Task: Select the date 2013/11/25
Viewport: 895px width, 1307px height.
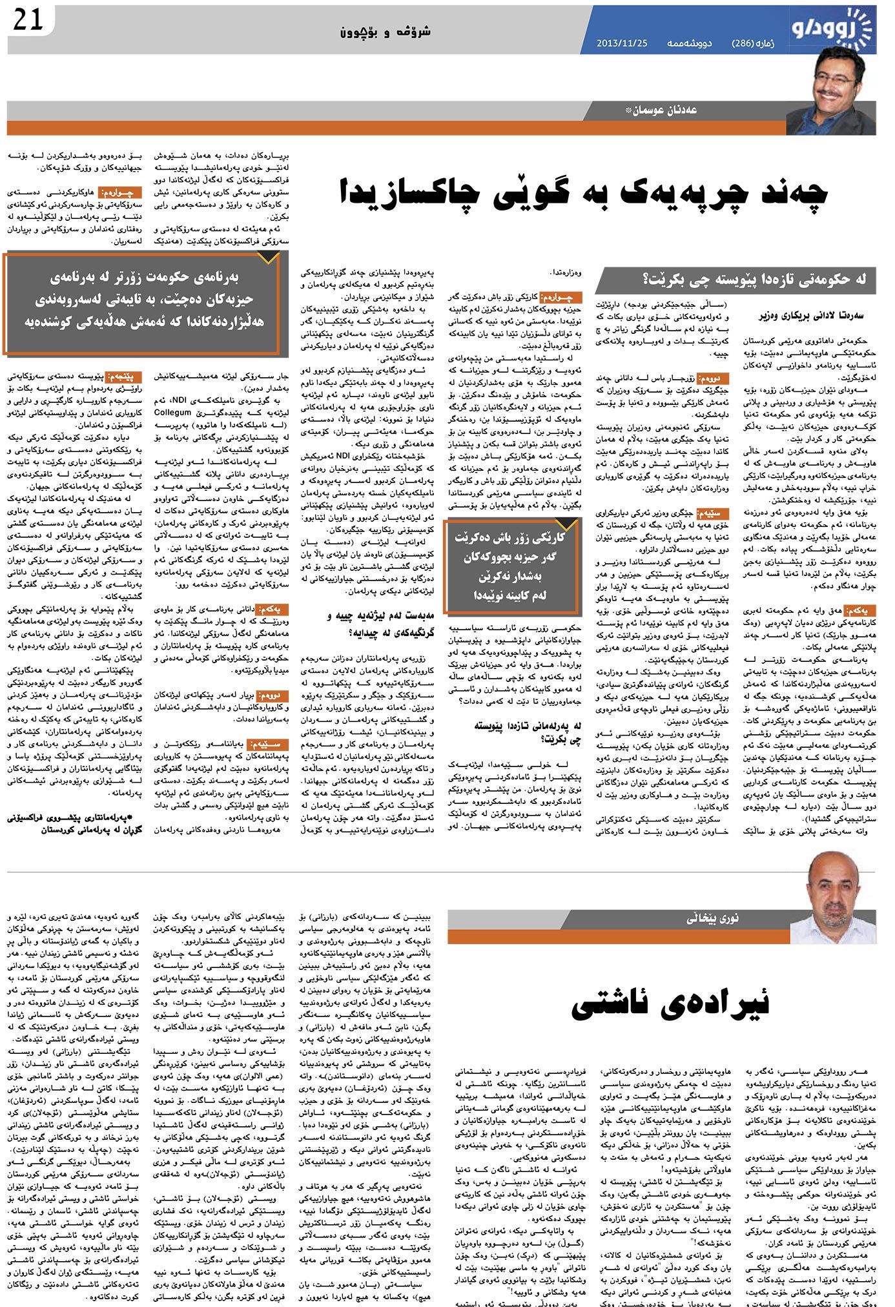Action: [x=622, y=43]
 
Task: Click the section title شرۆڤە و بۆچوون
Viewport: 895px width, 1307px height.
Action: [x=386, y=31]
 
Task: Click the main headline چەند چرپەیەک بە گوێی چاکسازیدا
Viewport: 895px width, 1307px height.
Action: [x=582, y=193]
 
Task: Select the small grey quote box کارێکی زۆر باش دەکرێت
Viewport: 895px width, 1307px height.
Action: [x=513, y=566]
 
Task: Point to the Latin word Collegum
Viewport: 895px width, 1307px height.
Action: [x=172, y=412]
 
